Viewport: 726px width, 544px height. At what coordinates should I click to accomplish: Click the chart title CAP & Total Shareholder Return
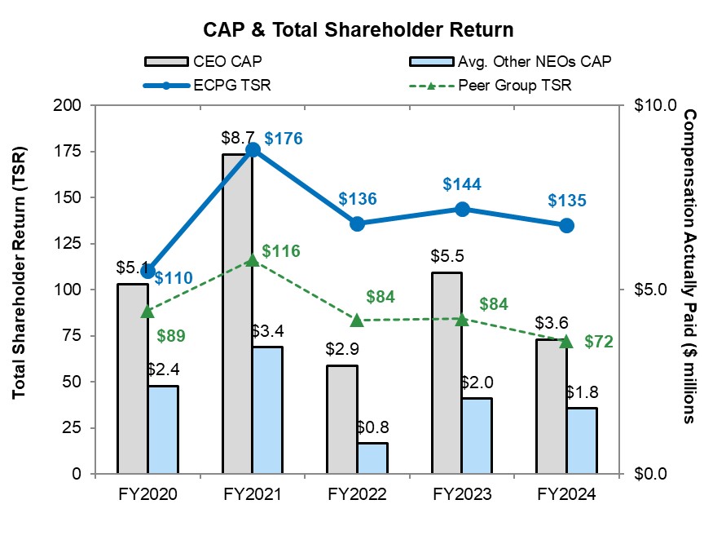(x=359, y=30)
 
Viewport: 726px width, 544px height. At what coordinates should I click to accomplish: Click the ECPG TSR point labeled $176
(x=253, y=149)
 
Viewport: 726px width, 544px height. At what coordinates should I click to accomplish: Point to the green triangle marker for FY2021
(x=253, y=260)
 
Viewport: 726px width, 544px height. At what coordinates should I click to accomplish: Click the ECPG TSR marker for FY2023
(x=462, y=209)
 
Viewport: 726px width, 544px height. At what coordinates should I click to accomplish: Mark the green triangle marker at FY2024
(x=566, y=341)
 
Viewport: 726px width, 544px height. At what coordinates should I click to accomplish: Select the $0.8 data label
(x=372, y=427)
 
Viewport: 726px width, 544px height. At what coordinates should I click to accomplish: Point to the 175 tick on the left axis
(x=72, y=151)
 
